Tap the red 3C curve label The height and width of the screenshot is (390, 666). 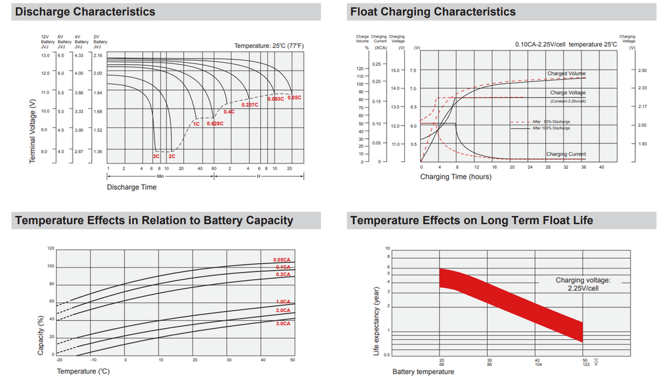[x=156, y=156]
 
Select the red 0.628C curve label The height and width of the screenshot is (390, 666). [x=214, y=123]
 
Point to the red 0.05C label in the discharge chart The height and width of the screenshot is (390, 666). [x=294, y=98]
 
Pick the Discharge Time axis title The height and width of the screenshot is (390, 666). [x=132, y=187]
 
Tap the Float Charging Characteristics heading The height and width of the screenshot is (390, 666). [x=432, y=12]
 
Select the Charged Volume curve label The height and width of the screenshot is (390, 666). [x=567, y=73]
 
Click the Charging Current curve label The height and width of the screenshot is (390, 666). [x=566, y=154]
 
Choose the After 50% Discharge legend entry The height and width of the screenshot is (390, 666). [x=551, y=122]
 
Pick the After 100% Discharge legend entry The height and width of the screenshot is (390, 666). [x=551, y=128]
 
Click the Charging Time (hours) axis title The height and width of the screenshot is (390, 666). [x=456, y=177]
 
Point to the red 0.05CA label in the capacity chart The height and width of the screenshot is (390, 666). [x=282, y=259]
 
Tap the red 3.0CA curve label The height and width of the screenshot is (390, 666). [x=282, y=323]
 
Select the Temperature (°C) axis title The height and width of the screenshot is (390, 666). [x=84, y=370]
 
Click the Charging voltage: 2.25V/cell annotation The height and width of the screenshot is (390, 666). [x=583, y=285]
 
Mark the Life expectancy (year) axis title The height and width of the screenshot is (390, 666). [x=376, y=320]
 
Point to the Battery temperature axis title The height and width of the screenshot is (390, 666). [x=423, y=371]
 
